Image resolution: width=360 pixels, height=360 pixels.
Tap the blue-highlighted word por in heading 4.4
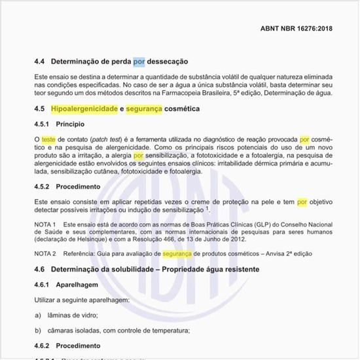[x=138, y=62]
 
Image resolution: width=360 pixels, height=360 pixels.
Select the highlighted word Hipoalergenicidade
[x=84, y=109]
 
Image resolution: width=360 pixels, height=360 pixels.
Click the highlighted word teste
[x=48, y=139]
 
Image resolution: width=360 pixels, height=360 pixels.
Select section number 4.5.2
[x=44, y=186]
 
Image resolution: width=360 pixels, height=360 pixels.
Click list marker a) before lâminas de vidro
[x=38, y=315]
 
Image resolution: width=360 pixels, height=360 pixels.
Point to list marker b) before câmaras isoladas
[x=38, y=331]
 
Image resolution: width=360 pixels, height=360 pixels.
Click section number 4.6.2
[x=44, y=346]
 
